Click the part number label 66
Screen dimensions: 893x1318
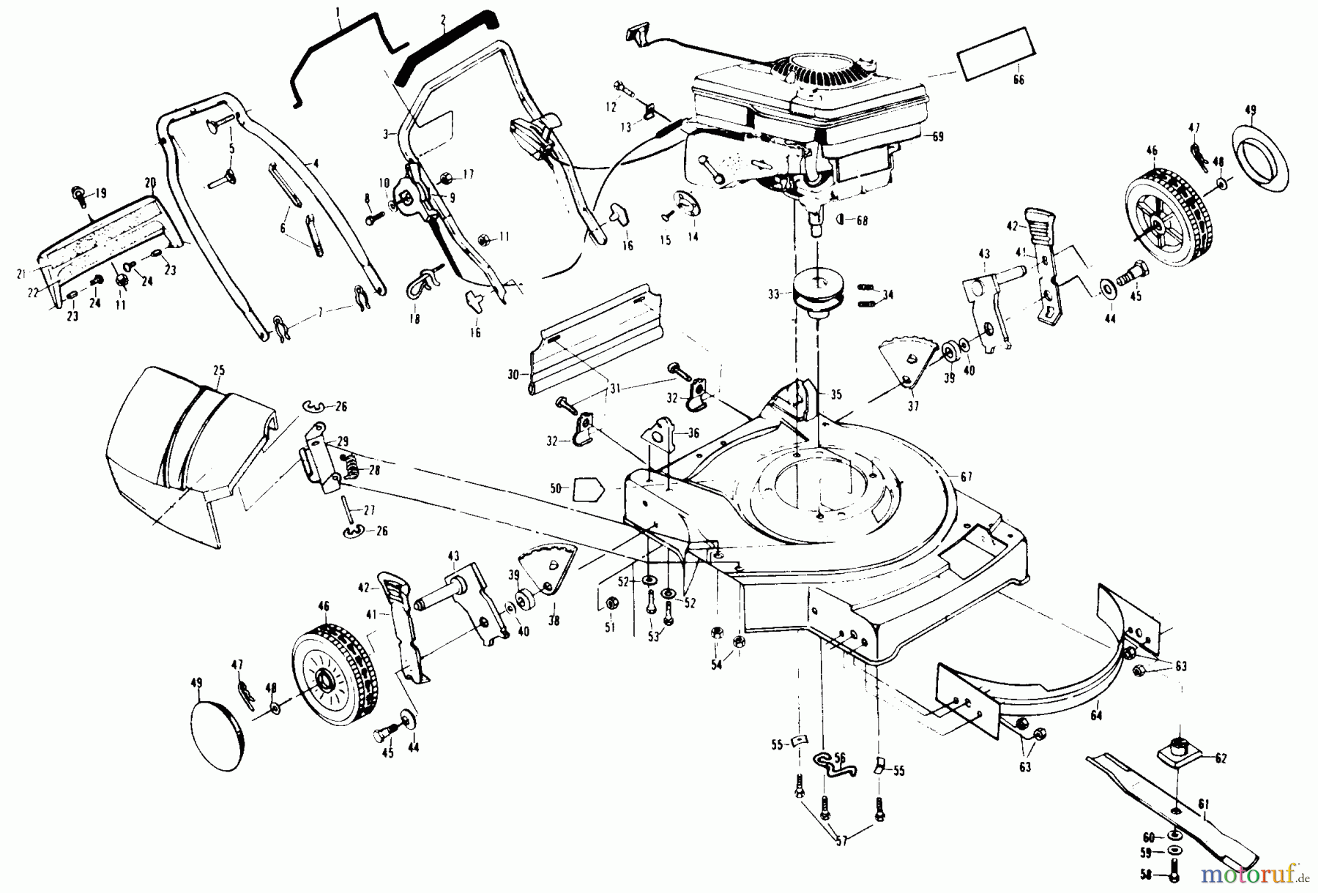click(x=1019, y=80)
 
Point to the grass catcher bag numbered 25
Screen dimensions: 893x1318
click(x=183, y=454)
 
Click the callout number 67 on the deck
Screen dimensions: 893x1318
click(x=966, y=477)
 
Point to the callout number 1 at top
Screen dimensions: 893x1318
click(x=338, y=12)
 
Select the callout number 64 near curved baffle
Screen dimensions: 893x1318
click(x=1096, y=716)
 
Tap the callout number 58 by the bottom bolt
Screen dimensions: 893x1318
click(x=1145, y=874)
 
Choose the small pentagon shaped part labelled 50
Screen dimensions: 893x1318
click(x=587, y=488)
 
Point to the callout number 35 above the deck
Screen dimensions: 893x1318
click(x=835, y=395)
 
